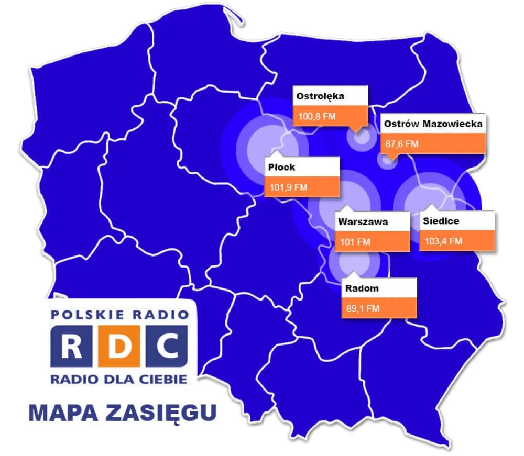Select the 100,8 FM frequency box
coord(330,116)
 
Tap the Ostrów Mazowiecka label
coord(432,124)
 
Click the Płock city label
coord(281,168)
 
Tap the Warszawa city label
coord(363,221)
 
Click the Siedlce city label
coord(441,221)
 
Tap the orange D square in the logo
coord(119,345)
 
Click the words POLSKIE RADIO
coord(119,315)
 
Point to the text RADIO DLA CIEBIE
coord(119,378)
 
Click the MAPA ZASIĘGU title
coord(122,412)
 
